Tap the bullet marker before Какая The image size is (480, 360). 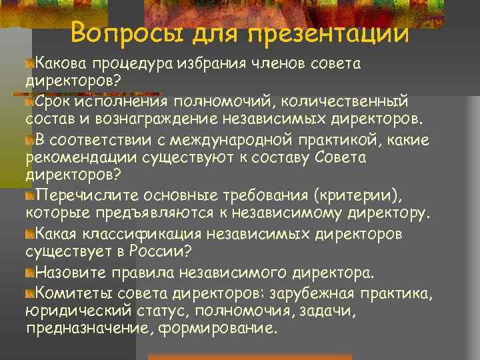29,235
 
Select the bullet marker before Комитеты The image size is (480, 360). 29,293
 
